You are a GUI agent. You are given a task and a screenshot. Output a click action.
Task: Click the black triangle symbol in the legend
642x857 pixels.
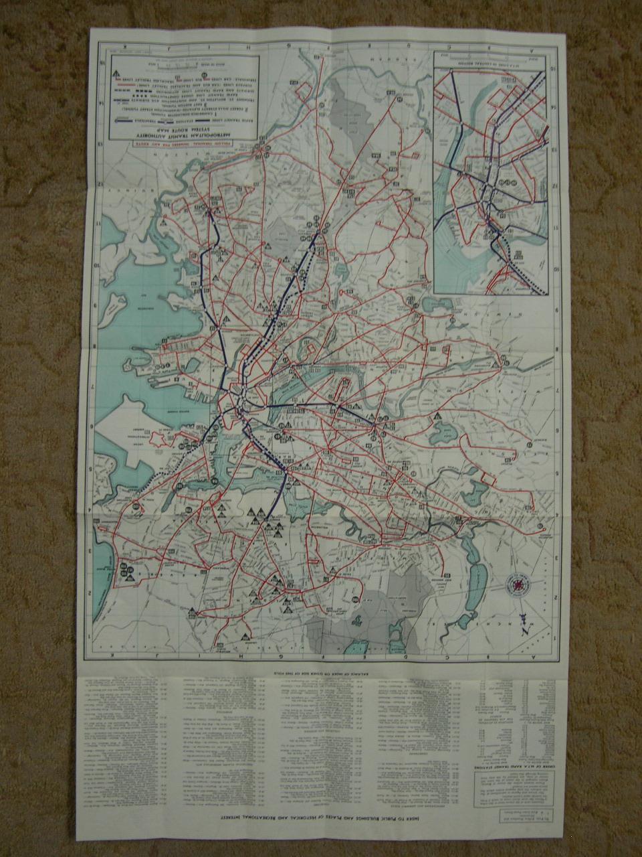116,72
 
